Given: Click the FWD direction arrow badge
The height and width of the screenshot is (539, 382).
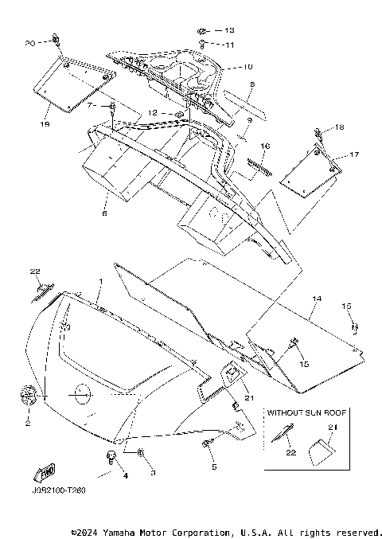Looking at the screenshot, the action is (45, 472).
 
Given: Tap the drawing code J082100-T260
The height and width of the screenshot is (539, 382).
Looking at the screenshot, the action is (59, 490).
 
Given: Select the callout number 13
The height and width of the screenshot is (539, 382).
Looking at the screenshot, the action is (229, 30).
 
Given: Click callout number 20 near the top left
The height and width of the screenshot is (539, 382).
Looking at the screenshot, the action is (30, 43).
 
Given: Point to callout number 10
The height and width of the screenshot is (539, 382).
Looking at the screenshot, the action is (248, 66).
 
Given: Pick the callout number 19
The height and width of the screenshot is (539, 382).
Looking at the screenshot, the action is (45, 124).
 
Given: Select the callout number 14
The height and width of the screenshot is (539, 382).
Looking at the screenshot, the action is (317, 299).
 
